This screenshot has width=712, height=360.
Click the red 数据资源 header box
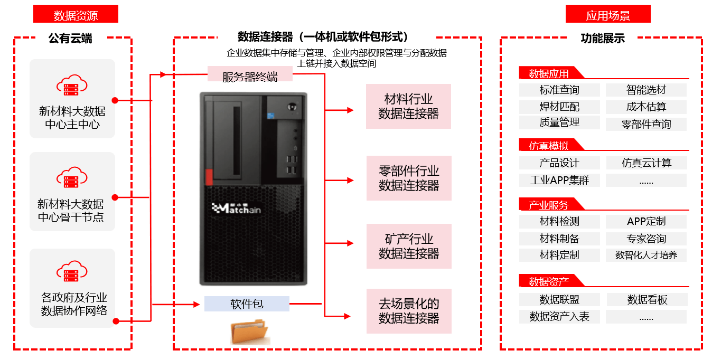click(76, 14)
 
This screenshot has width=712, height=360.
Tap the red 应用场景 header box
click(607, 14)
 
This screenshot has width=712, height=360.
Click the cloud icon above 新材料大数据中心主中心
click(72, 86)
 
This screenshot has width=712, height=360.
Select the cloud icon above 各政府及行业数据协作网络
click(72, 271)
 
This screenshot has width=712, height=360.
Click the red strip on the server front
click(209, 177)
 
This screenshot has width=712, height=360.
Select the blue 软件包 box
click(247, 304)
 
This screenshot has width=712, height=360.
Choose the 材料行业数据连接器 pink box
click(408, 106)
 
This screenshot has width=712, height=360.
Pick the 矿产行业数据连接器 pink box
click(408, 246)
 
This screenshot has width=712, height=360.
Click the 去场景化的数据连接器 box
click(408, 311)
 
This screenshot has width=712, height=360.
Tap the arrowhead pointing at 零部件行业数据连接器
click(350, 180)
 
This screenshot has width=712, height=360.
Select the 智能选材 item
click(646, 90)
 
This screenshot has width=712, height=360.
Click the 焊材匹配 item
click(559, 107)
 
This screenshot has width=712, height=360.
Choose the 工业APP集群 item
click(559, 180)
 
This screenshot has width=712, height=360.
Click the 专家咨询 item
click(646, 239)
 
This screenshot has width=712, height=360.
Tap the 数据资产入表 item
click(559, 317)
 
